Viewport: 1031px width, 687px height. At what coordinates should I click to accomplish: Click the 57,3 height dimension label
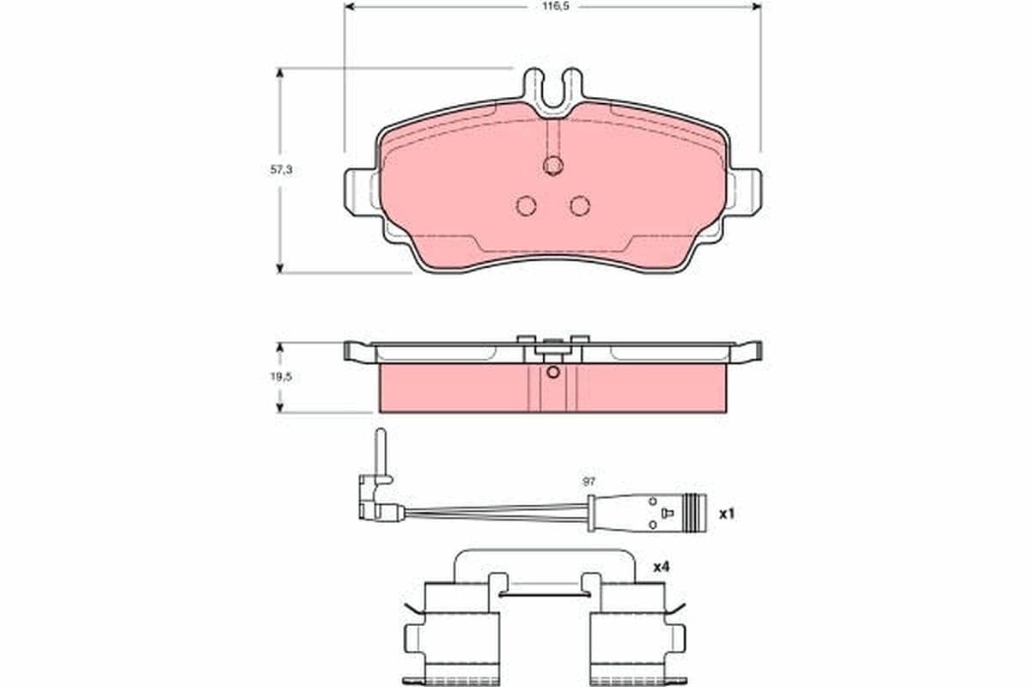pyautogui.click(x=282, y=171)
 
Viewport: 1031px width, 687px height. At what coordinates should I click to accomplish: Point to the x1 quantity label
pyautogui.click(x=727, y=514)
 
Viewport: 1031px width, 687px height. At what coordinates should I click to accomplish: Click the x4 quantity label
pyautogui.click(x=661, y=567)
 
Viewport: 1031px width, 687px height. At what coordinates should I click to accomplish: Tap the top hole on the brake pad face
pyautogui.click(x=553, y=165)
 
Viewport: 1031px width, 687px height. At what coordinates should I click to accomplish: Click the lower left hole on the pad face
pyautogui.click(x=526, y=205)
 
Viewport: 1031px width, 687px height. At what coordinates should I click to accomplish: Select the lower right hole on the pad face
pyautogui.click(x=581, y=205)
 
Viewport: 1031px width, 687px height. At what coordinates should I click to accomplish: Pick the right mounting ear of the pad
pyautogui.click(x=745, y=191)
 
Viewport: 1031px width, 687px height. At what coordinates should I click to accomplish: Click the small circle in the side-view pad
pyautogui.click(x=553, y=372)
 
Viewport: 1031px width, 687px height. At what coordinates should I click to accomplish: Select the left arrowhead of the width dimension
pyautogui.click(x=349, y=6)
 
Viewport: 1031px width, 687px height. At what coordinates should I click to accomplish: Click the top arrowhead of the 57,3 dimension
pyautogui.click(x=279, y=74)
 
